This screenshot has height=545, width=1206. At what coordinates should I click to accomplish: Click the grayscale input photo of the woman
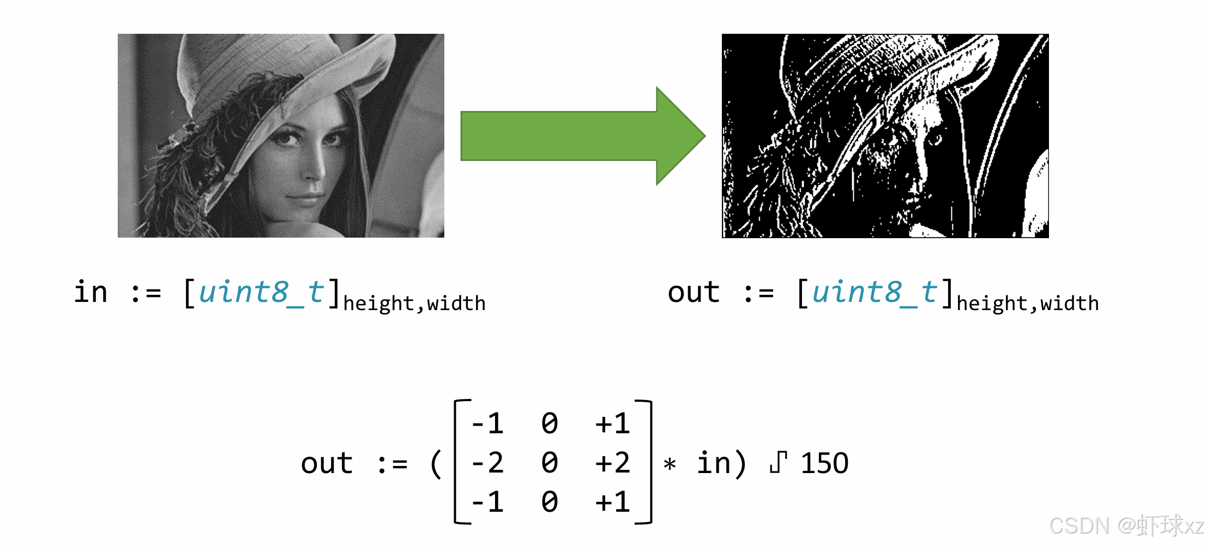tap(281, 136)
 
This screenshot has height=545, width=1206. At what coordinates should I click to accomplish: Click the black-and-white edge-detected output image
tap(885, 136)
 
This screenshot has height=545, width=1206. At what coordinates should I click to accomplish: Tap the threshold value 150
tap(824, 464)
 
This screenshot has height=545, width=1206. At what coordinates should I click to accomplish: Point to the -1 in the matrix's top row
tap(487, 424)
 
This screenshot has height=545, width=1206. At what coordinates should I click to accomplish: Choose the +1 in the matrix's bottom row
tap(613, 502)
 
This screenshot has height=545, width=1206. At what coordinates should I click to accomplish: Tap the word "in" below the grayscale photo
tap(91, 293)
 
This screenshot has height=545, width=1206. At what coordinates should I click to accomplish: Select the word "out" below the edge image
tap(694, 293)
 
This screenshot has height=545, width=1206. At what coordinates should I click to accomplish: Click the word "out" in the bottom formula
tap(327, 464)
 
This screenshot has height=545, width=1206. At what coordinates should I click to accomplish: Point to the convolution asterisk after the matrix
tap(670, 465)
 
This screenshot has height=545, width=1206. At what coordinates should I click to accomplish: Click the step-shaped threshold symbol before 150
tap(779, 463)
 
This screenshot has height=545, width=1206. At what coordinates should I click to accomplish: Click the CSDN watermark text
tap(1126, 526)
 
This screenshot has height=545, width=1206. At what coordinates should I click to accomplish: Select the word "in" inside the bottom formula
tap(714, 464)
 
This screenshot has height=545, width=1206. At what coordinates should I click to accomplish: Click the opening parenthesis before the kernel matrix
tap(436, 464)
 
